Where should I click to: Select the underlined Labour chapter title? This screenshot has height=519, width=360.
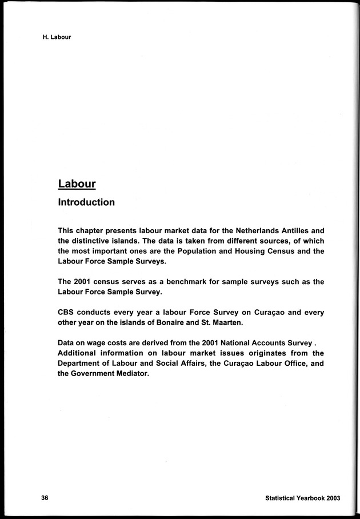click(x=77, y=183)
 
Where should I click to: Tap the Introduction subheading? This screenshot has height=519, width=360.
click(x=86, y=202)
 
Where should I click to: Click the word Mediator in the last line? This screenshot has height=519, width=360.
click(x=130, y=375)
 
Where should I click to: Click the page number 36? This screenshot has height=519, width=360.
click(x=45, y=497)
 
